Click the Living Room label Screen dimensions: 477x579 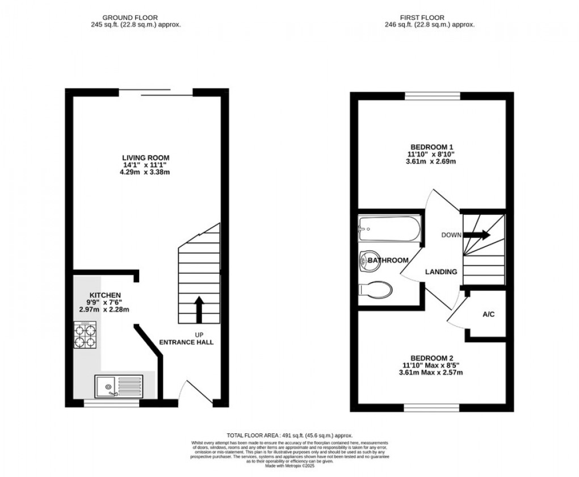[x=146, y=157]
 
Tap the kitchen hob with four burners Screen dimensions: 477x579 [x=86, y=335]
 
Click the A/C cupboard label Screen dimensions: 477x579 [x=488, y=314]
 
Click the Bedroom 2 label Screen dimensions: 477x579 [x=432, y=358]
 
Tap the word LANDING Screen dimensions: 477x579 [x=441, y=272]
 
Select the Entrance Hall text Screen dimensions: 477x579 [x=186, y=342]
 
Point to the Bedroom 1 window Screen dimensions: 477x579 [x=432, y=95]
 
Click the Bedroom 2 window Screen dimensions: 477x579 [x=432, y=407]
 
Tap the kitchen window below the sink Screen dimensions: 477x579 [x=111, y=404]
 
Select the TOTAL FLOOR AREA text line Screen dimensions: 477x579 [x=289, y=434]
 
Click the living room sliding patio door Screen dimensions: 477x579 [x=156, y=93]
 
